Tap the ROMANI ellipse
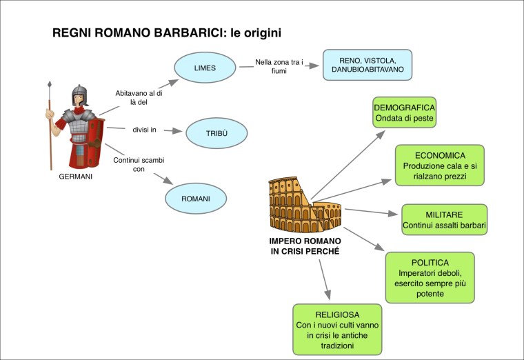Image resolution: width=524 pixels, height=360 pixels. pyautogui.click(x=196, y=199)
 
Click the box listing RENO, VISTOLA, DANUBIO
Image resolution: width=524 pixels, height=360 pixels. pyautogui.click(x=367, y=66)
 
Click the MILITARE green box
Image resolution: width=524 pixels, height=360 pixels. pyautogui.click(x=444, y=220)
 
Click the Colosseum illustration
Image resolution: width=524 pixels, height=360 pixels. pyautogui.click(x=304, y=205)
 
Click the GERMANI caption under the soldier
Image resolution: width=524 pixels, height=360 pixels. pyautogui.click(x=76, y=177)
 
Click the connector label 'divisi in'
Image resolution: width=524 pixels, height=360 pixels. pyautogui.click(x=145, y=130)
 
